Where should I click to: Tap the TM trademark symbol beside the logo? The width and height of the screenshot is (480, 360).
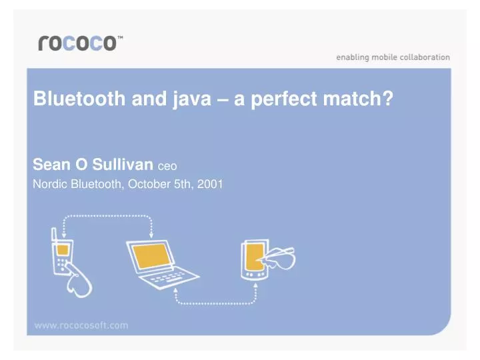tap(120, 39)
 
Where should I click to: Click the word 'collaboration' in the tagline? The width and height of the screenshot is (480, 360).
tap(424, 57)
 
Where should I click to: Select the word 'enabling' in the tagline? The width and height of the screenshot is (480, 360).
tap(351, 57)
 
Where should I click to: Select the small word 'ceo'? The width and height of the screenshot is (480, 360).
tap(167, 165)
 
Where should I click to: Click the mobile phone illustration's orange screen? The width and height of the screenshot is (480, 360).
tap(62, 250)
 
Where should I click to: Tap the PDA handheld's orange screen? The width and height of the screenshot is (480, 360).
tap(255, 256)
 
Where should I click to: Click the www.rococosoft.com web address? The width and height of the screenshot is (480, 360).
tap(81, 325)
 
